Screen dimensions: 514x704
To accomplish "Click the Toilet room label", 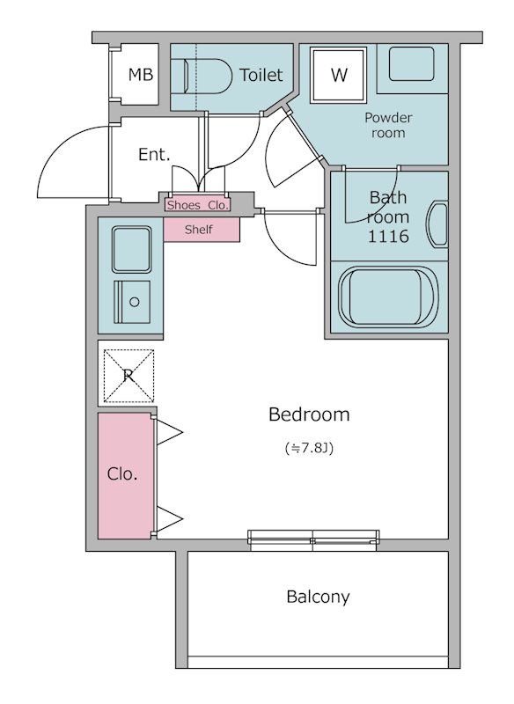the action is (x=261, y=75).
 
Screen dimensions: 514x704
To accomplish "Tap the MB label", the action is (x=141, y=75).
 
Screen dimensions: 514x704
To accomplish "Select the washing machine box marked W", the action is (x=339, y=75).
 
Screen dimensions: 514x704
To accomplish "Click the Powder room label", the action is (x=388, y=125).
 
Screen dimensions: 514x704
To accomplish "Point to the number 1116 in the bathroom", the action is (x=388, y=236).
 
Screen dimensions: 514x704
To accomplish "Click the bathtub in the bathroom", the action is (x=388, y=297).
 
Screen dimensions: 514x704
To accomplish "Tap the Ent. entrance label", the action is (x=154, y=155).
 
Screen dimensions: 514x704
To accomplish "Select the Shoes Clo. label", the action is (x=198, y=205).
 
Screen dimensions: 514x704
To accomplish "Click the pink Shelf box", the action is (x=202, y=230).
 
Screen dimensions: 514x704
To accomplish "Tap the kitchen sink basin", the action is (x=131, y=249).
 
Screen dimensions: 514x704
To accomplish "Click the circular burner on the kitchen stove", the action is (x=135, y=302).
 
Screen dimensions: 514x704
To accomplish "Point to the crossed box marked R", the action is (x=128, y=376).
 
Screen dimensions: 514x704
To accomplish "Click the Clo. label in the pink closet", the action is (x=122, y=473).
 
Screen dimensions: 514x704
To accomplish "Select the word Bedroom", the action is (x=309, y=414).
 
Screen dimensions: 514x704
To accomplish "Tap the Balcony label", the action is (x=318, y=597).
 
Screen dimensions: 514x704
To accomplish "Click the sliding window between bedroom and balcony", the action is (x=313, y=539).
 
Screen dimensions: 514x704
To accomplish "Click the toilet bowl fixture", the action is (x=208, y=77).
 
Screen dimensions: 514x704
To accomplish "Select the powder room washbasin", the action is (x=412, y=63).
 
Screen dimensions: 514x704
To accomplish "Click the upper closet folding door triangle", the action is (x=169, y=433).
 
